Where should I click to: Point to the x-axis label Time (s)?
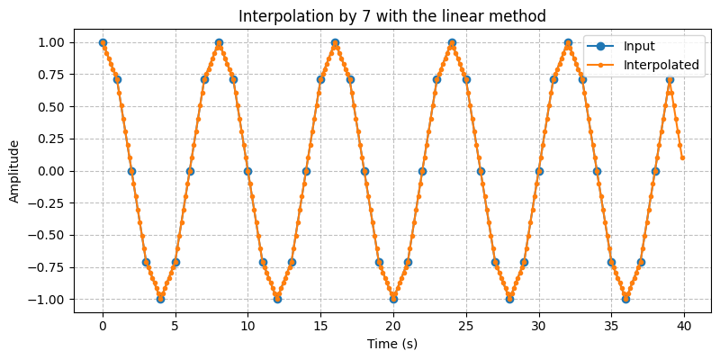pyautogui.click(x=393, y=344)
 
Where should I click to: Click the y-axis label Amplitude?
pyautogui.click(x=14, y=171)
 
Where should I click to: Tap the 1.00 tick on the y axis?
pyautogui.click(x=50, y=42)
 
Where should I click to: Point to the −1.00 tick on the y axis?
pyautogui.click(x=47, y=299)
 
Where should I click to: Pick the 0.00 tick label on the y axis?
pyautogui.click(x=50, y=171)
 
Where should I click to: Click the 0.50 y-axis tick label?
pyautogui.click(x=50, y=106)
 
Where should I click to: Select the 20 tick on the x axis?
pyautogui.click(x=393, y=324)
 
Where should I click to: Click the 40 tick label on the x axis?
pyautogui.click(x=684, y=324)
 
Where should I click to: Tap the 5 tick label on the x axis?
pyautogui.click(x=175, y=324)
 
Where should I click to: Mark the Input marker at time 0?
pyautogui.click(x=103, y=42)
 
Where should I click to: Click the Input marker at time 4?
pyautogui.click(x=161, y=299)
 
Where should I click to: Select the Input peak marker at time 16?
pyautogui.click(x=335, y=42)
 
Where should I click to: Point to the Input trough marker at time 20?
pyautogui.click(x=393, y=299)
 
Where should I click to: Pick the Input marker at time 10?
pyautogui.click(x=247, y=171)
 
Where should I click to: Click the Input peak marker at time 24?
pyautogui.click(x=452, y=42)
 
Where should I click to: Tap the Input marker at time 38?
pyautogui.click(x=655, y=171)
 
